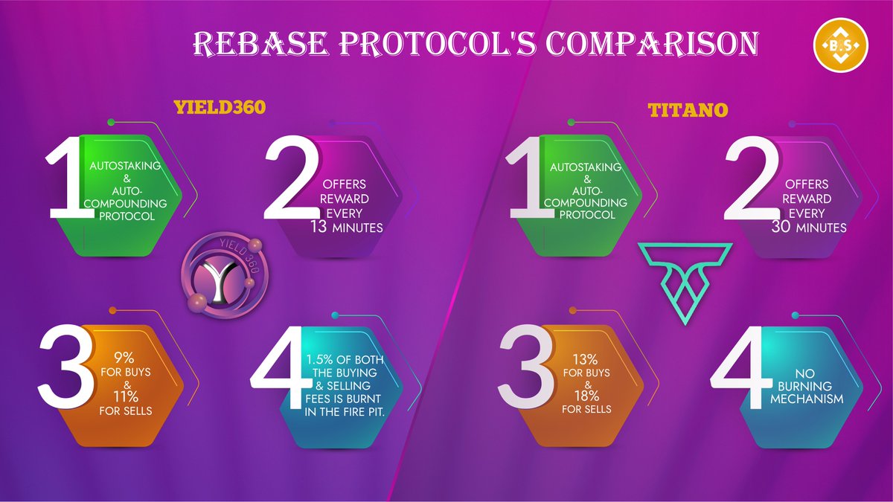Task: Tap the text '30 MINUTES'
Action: (807, 228)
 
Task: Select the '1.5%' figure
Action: (322, 360)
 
